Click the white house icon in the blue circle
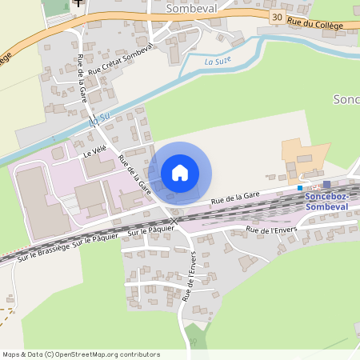pos(180,173)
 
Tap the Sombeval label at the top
pos(190,8)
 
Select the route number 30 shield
pos(276,17)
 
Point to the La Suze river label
pos(217,60)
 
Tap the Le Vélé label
pos(94,149)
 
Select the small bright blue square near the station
pos(300,188)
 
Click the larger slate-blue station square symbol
pos(326,185)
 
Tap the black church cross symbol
pos(78,2)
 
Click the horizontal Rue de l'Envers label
pos(271,230)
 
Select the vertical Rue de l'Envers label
pos(188,276)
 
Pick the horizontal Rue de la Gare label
pos(236,198)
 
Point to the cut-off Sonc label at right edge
pos(346,99)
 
